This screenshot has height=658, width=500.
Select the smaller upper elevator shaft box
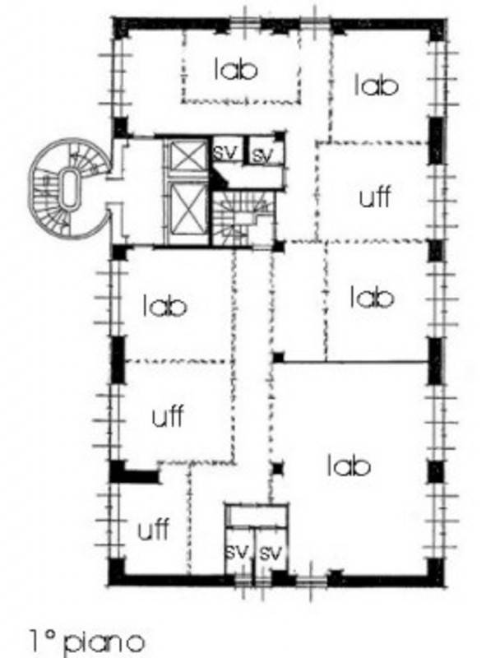pyautogui.click(x=187, y=156)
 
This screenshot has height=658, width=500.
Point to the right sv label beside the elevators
pyautogui.click(x=262, y=155)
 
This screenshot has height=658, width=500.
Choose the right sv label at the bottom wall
pyautogui.click(x=271, y=552)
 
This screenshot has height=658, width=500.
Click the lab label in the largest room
pyautogui.click(x=348, y=466)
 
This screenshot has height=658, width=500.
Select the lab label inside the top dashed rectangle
pyautogui.click(x=235, y=69)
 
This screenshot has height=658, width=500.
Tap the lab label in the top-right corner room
pyautogui.click(x=376, y=85)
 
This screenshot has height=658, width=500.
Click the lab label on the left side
pyautogui.click(x=164, y=305)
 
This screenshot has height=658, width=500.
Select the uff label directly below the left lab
pyautogui.click(x=168, y=416)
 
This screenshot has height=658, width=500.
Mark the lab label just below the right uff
pyautogui.click(x=372, y=297)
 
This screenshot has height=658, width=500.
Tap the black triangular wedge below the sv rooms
pyautogui.click(x=218, y=178)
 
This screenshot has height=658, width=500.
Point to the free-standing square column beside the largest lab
pyautogui.click(x=277, y=468)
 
